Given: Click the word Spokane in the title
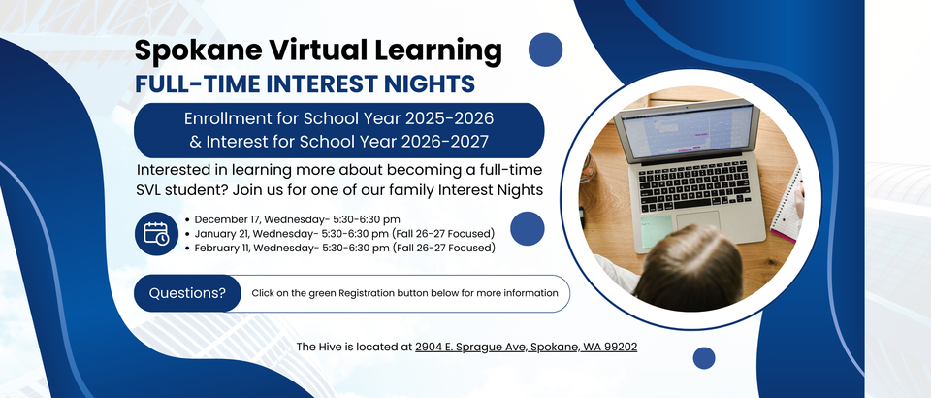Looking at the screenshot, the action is point(198,51).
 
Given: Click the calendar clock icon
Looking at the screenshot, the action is point(156,233).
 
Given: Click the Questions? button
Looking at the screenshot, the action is point(187,293).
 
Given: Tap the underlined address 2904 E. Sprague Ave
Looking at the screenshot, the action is point(471,347).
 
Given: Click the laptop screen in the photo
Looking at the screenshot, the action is point(687,131).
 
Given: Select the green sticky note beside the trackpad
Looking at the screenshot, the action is point(657,232).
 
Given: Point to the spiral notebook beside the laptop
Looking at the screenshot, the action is point(787,206).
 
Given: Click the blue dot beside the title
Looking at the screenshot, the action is point(545,50).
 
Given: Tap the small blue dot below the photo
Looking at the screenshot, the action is point(704,358).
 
